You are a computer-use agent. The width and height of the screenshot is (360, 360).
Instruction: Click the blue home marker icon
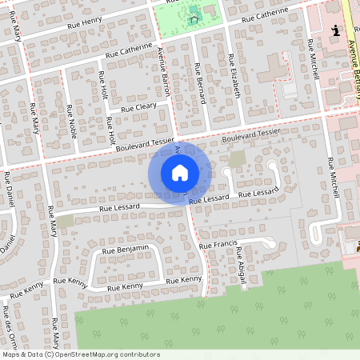pos(180,173)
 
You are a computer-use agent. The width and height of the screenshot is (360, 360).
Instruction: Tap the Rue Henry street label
pos(85,21)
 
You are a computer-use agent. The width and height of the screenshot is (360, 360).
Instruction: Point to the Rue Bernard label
pos(199,83)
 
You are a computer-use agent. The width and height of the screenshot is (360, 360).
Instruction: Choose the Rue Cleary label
pos(138,106)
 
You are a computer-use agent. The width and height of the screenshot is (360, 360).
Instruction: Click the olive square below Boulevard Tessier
pos(237,158)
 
